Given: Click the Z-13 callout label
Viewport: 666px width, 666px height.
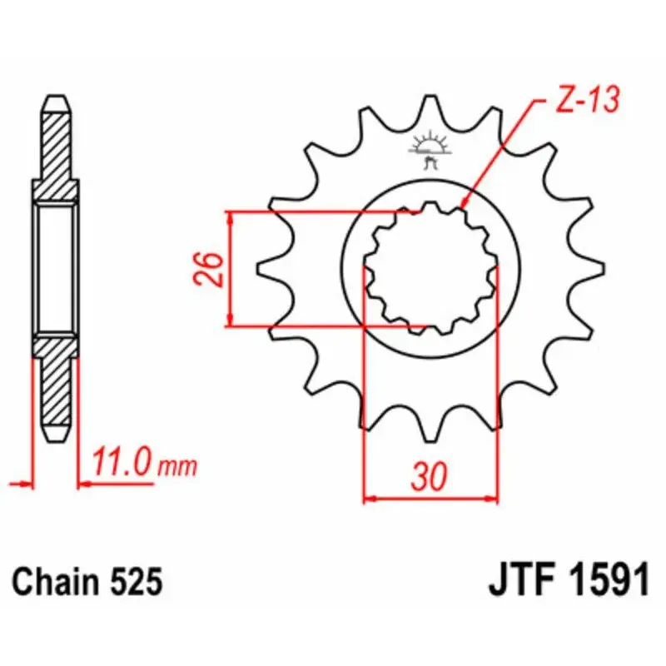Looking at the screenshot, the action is pyautogui.click(x=588, y=100).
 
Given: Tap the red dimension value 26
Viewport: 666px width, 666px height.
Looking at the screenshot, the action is pyautogui.click(x=208, y=269).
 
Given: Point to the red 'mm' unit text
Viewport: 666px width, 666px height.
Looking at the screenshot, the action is pyautogui.click(x=177, y=466).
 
